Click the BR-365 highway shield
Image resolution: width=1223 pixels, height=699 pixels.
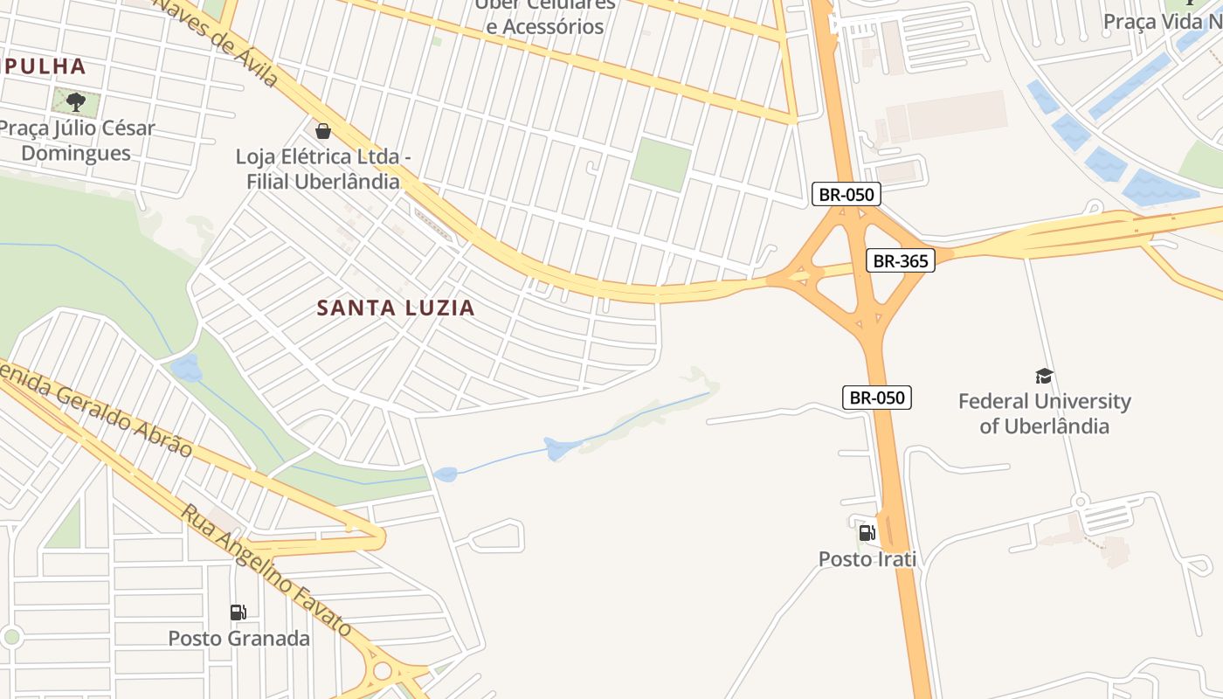(x=901, y=260)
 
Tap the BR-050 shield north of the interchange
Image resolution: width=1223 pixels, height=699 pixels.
(x=846, y=194)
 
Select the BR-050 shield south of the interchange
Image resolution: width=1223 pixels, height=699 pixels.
(x=878, y=398)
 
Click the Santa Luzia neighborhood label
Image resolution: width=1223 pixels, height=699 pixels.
(x=396, y=308)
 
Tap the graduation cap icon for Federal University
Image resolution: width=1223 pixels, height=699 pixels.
(x=1044, y=377)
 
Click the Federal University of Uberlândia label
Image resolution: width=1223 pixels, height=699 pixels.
(x=1044, y=413)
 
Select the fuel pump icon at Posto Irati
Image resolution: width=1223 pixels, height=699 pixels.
(x=867, y=532)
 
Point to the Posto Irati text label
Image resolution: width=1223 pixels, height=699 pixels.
(x=867, y=558)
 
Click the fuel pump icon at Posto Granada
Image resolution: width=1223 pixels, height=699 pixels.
(x=238, y=612)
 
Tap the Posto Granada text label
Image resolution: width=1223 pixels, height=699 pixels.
(x=238, y=638)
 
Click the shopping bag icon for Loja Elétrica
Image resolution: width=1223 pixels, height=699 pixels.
(x=322, y=131)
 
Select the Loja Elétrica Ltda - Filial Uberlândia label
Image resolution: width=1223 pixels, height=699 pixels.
(x=317, y=170)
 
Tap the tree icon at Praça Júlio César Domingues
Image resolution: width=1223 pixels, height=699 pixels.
(x=76, y=101)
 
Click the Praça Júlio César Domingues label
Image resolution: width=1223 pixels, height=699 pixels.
(x=76, y=141)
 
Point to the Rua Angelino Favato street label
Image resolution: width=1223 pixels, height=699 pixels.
(x=266, y=569)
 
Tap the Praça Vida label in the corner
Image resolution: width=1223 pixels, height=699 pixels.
(x=1162, y=21)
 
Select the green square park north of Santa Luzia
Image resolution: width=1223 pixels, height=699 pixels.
(x=660, y=164)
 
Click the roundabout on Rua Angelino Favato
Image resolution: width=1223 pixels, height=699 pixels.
(x=382, y=671)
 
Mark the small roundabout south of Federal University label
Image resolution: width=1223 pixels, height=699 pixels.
(x=1081, y=502)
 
